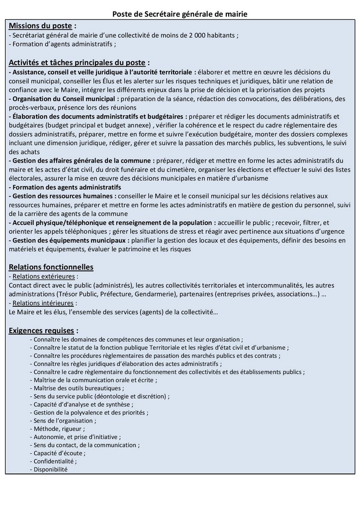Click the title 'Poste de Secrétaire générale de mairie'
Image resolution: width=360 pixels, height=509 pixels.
click(x=180, y=15)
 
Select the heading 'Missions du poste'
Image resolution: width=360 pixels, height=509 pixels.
click(x=40, y=25)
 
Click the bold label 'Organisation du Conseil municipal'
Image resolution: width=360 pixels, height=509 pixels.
click(x=62, y=98)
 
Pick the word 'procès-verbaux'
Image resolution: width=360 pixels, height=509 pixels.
click(x=29, y=107)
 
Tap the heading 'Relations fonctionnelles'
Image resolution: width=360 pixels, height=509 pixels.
click(x=51, y=267)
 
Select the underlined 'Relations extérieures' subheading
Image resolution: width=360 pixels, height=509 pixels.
click(x=44, y=276)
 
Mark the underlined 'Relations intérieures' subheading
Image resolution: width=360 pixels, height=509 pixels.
click(x=43, y=303)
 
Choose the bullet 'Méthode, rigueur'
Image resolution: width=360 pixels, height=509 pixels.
click(x=59, y=428)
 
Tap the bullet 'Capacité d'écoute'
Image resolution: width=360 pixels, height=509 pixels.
click(x=59, y=453)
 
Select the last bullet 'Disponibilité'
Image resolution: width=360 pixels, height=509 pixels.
click(x=50, y=469)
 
